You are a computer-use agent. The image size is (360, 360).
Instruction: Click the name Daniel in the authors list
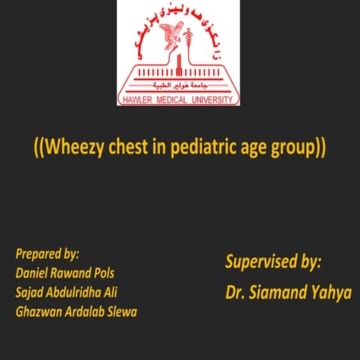[x=33, y=272]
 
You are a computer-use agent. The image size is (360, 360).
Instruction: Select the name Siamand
[x=280, y=292]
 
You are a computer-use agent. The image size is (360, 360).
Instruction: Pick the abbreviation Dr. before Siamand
[x=236, y=292]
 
